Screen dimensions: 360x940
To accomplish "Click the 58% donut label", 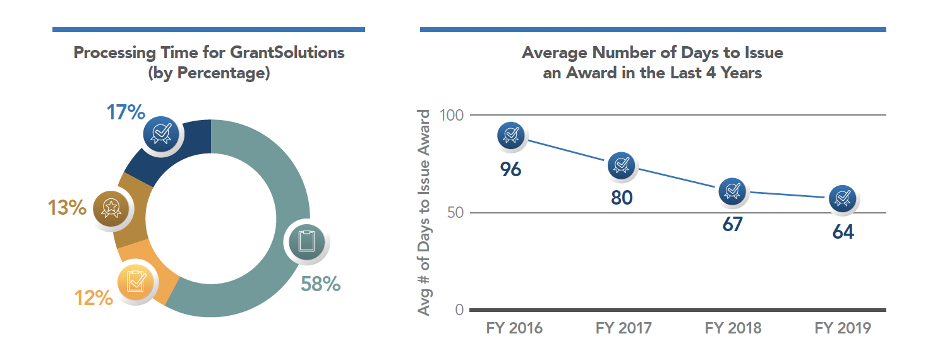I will [x=321, y=284].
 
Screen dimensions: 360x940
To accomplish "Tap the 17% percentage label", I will [x=126, y=112].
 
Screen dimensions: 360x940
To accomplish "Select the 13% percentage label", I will [x=67, y=207].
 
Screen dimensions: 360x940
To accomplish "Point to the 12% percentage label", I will [x=93, y=297].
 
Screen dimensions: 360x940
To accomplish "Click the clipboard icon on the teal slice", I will [x=306, y=241].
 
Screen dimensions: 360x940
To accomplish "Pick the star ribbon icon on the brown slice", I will [x=111, y=207].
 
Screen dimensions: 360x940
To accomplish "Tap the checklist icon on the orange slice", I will [x=136, y=281].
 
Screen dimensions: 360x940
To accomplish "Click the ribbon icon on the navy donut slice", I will [x=162, y=131].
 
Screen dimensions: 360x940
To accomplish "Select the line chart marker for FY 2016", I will [x=511, y=135].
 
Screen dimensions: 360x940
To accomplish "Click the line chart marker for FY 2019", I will [x=842, y=199].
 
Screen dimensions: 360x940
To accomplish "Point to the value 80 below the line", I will [x=622, y=198].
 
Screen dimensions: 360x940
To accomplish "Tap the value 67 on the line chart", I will [x=732, y=224].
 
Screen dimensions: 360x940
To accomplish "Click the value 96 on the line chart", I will [x=510, y=169].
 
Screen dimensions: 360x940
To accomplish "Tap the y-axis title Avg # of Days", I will [x=425, y=213].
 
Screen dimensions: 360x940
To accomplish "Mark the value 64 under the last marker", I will [x=843, y=232].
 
